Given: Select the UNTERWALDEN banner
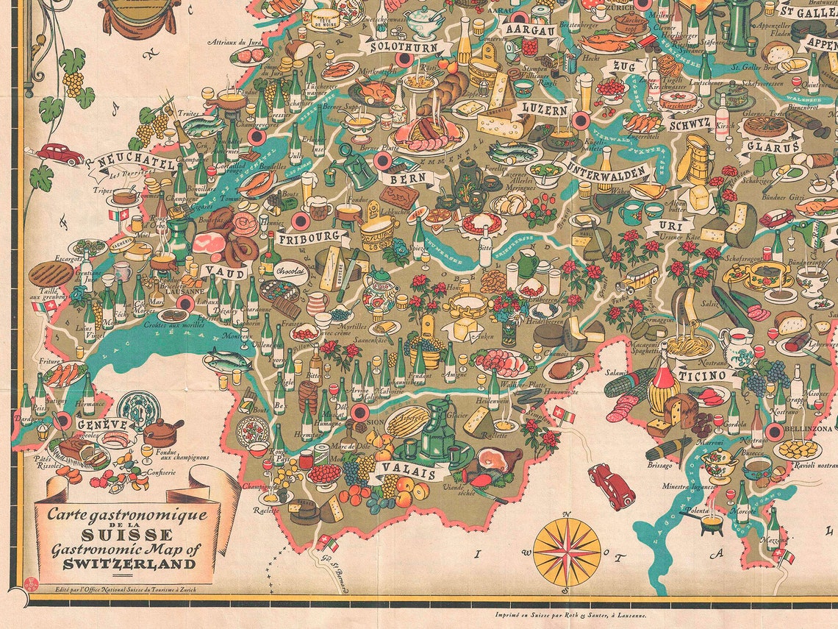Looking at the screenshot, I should (x=609, y=174).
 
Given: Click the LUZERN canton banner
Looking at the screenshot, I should (x=544, y=109).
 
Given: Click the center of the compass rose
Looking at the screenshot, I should (x=567, y=552).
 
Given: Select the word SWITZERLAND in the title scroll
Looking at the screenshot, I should (x=129, y=565).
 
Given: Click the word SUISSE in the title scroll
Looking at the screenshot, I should (x=128, y=535).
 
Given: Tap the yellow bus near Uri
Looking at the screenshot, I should (x=637, y=277).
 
